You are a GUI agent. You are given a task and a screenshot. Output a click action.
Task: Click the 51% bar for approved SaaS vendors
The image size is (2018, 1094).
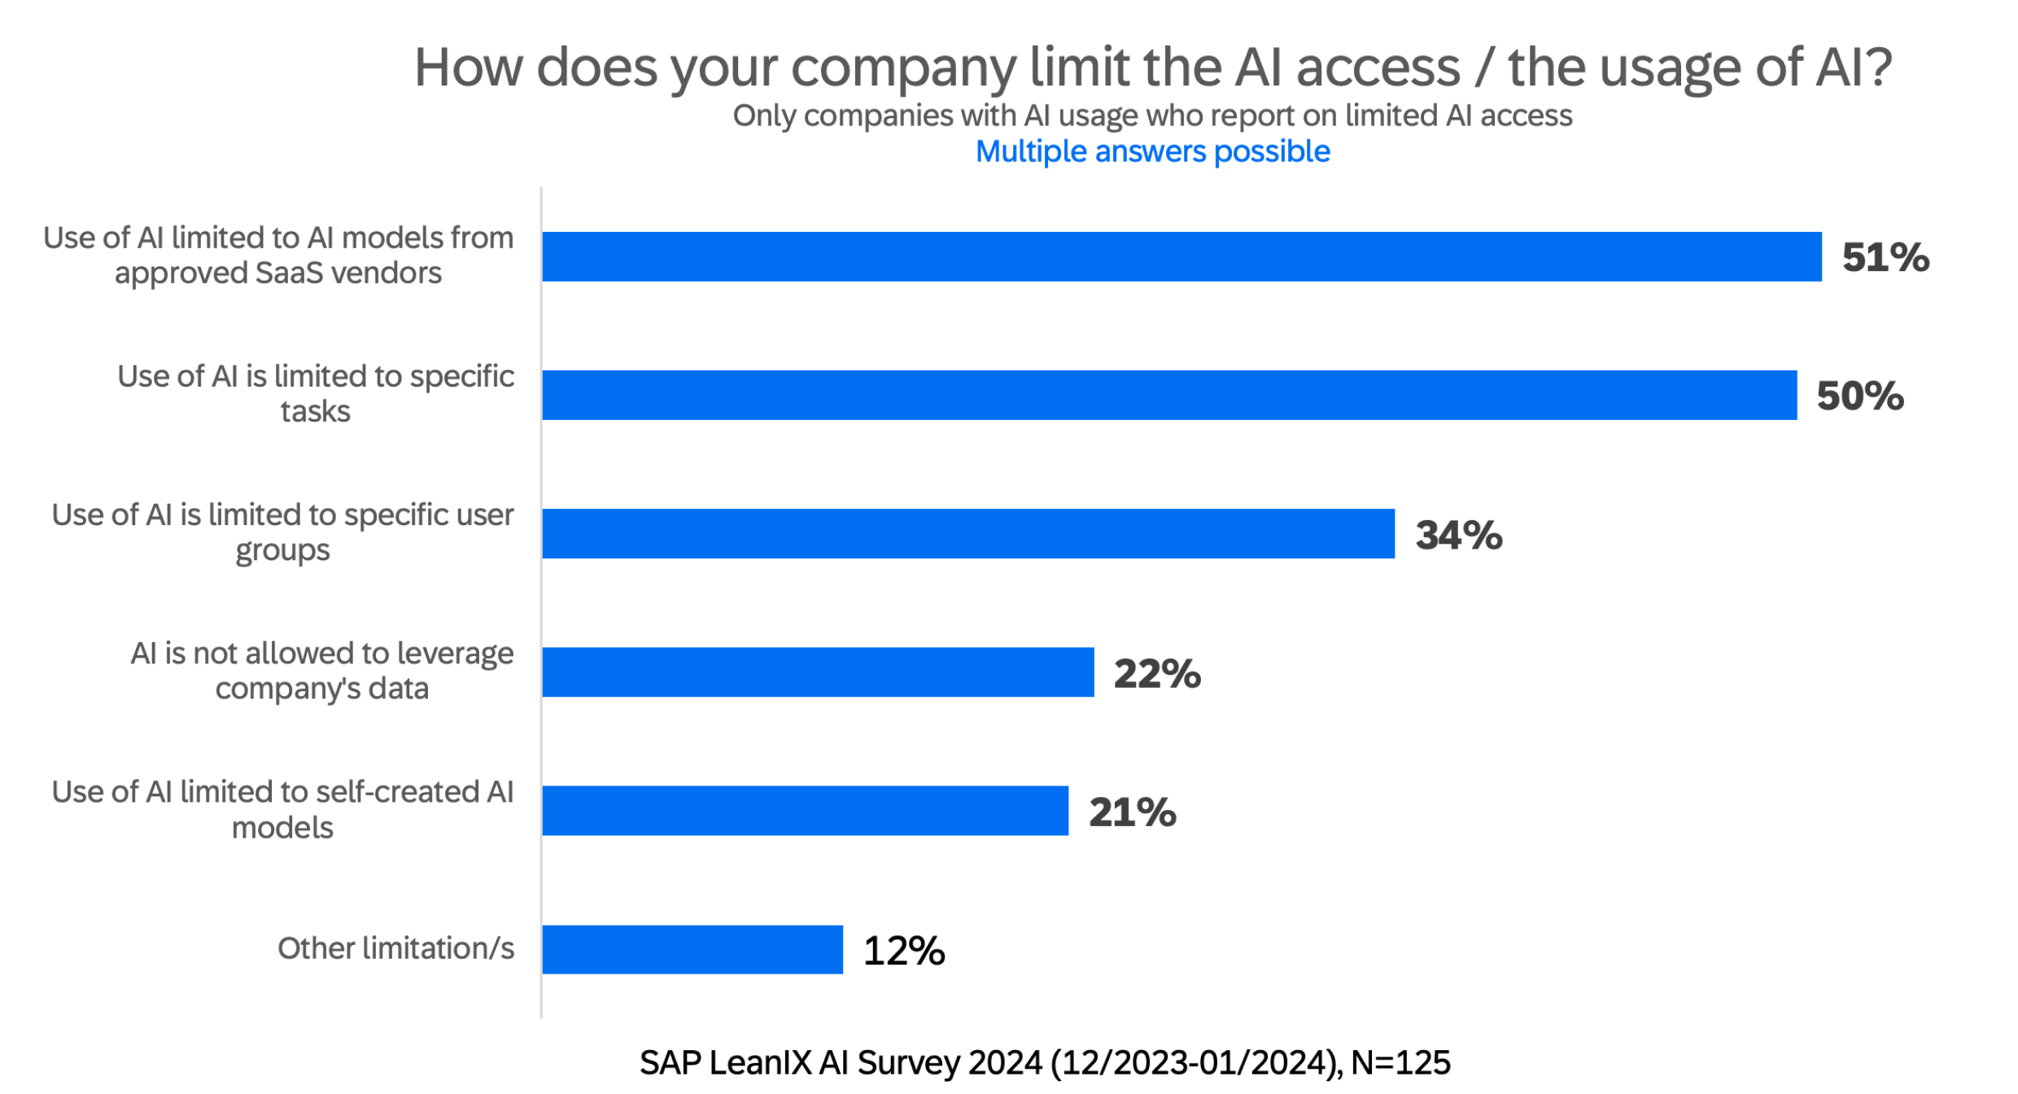pos(1182,256)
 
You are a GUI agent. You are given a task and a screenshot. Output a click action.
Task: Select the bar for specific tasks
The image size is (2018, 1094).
pos(1169,395)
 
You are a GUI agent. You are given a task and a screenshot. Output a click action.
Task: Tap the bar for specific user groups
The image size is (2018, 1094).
pos(968,533)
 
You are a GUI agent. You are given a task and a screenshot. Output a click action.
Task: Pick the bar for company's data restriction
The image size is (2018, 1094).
pos(818,672)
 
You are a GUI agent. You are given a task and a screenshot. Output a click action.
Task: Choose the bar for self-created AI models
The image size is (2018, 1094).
pos(805,810)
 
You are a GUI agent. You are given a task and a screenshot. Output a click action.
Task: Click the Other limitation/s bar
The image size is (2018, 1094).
pos(692,949)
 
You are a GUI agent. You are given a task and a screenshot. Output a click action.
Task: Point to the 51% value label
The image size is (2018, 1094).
pos(1885,257)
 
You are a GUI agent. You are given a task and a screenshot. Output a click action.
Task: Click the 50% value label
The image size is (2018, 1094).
pos(1859,396)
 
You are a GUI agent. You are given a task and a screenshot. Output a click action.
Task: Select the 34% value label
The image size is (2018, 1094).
pos(1458,535)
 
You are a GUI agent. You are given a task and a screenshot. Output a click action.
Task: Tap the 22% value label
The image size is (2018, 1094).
pos(1156,673)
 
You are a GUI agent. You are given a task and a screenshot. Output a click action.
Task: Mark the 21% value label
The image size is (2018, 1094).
pos(1132,812)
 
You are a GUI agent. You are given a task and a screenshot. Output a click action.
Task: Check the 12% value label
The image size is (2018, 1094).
pos(903,950)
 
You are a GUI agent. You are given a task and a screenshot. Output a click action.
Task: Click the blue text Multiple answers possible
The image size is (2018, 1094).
pos(1152,151)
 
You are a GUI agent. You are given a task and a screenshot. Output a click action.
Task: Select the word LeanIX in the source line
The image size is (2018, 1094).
pos(761,1062)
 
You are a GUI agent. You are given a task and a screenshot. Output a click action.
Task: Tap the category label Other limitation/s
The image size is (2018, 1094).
pos(395,948)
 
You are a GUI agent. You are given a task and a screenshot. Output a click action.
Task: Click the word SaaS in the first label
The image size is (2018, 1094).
pos(290,273)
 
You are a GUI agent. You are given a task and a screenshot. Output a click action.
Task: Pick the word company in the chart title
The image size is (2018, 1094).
pos(903,68)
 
